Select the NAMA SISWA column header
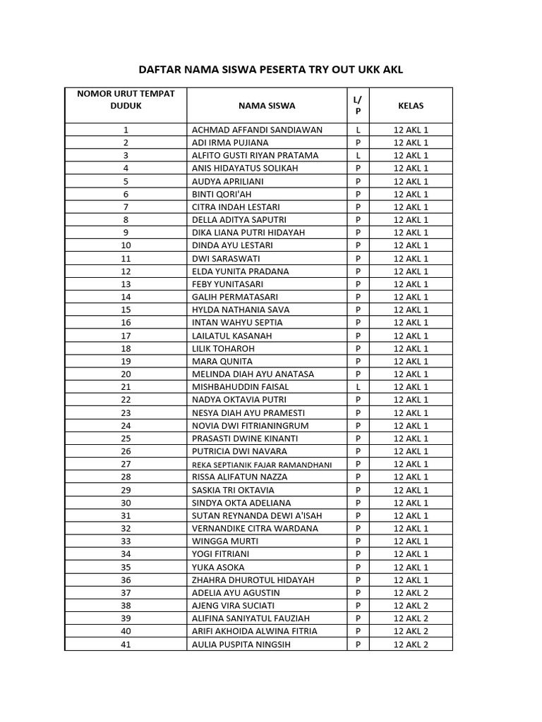tap(267, 106)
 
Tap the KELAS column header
tap(411, 106)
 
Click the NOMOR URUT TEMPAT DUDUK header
tap(126, 99)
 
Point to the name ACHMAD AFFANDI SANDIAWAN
tap(257, 130)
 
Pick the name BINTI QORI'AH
tap(222, 194)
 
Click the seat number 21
tap(126, 387)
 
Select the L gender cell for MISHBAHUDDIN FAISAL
tap(359, 387)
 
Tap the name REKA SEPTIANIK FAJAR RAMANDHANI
tap(262, 465)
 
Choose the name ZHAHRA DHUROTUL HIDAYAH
tap(253, 580)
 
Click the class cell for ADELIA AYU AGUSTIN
tap(411, 593)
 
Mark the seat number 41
tap(126, 644)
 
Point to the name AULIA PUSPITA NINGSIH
tap(241, 644)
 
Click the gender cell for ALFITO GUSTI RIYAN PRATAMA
tap(359, 155)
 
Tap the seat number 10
tap(126, 245)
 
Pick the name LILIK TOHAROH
tap(223, 348)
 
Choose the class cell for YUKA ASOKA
tap(411, 568)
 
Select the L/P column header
tap(359, 106)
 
